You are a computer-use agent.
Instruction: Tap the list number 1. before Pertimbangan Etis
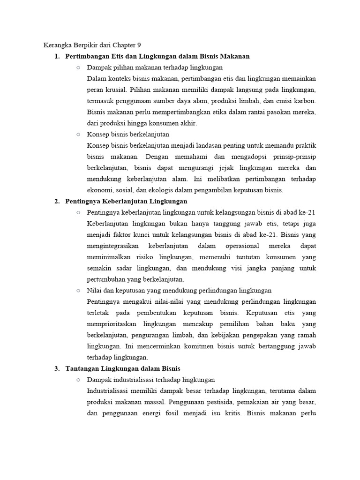[x=57, y=56]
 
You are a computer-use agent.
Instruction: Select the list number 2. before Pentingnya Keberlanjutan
[x=57, y=201]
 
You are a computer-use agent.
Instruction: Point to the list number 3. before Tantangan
[x=57, y=368]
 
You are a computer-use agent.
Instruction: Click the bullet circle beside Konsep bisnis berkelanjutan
[x=78, y=135]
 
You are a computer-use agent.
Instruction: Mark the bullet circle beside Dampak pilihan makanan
[x=78, y=67]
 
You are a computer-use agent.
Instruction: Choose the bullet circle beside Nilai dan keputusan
[x=78, y=291]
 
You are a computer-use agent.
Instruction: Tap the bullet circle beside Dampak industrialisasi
[x=78, y=380]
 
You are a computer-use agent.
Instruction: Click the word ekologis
[x=163, y=190]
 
